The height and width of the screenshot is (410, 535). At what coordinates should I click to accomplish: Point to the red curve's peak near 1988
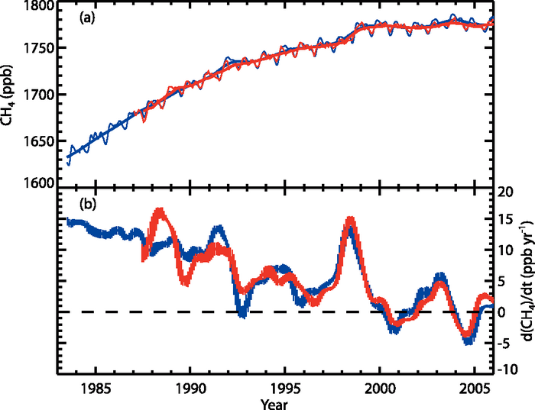click(x=159, y=210)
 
